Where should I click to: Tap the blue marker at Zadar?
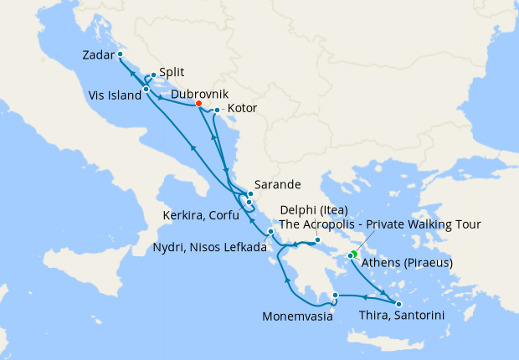pos(121,54)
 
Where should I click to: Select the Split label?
pos(172,73)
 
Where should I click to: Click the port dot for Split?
pos(153,75)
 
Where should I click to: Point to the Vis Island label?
pos(114,95)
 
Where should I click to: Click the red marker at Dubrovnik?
pos(198,104)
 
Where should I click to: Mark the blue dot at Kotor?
pos(217,110)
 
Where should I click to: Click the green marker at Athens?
pos(354,254)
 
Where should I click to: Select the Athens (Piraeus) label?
pos(409,262)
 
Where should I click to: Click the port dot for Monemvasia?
pos(335,295)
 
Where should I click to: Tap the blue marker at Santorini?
pos(398,304)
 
